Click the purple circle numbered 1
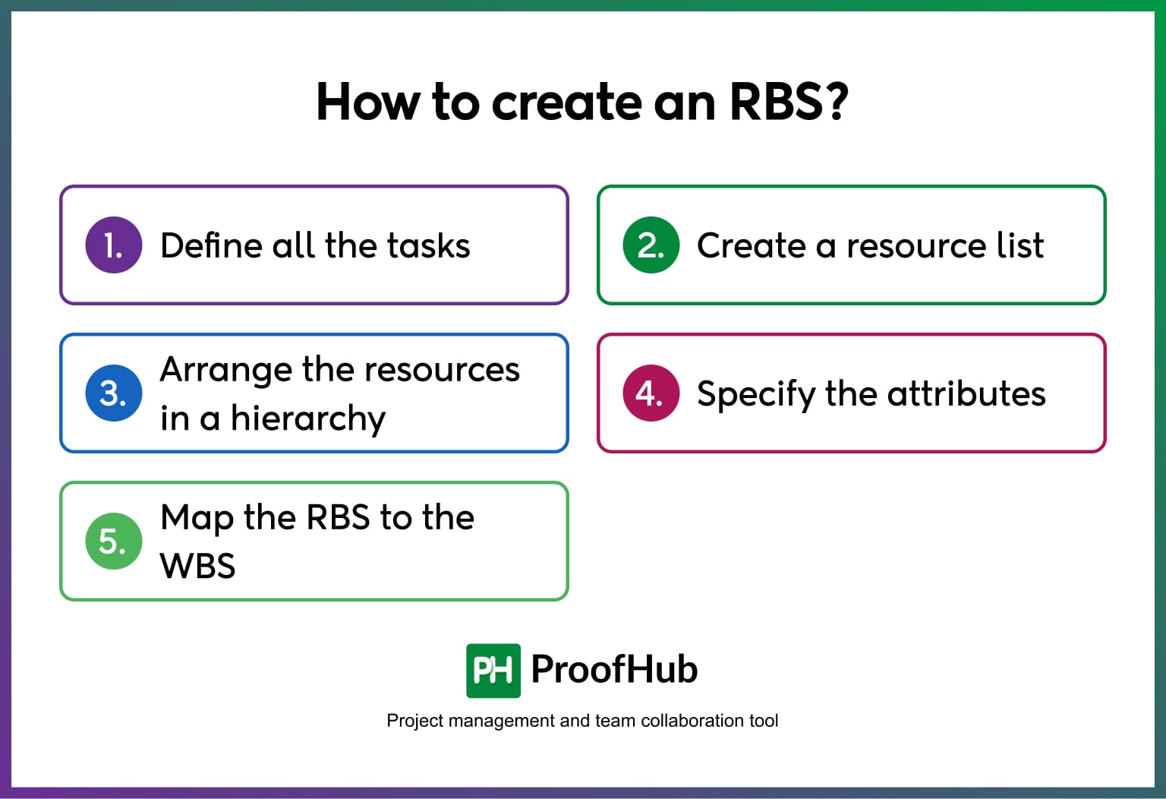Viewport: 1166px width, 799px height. pos(114,245)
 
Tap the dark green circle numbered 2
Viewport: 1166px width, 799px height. pos(651,245)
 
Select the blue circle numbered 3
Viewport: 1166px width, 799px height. pos(114,393)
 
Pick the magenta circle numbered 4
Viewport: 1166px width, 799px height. pos(651,393)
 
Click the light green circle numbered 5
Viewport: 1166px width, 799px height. pos(114,542)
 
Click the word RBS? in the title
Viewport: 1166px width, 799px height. pos(788,102)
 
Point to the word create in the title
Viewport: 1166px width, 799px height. pos(566,102)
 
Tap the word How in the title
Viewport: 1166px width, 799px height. pos(367,102)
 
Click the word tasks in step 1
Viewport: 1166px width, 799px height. pos(428,246)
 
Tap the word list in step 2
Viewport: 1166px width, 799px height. pos(1020,246)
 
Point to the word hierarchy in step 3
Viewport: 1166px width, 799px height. pos(308,419)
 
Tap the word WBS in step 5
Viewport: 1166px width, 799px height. pos(198,566)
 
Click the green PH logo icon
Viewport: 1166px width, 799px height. pos(493,671)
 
